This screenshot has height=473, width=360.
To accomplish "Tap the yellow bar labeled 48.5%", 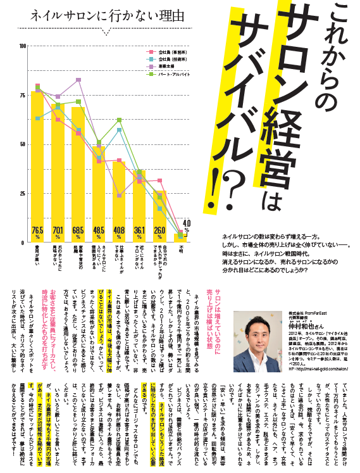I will coord(99,190).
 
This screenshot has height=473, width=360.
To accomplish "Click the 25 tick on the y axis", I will coord(23,194).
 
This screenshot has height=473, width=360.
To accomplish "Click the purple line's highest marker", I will coord(78,80).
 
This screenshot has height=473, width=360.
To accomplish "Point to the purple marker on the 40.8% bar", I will coord(119,196).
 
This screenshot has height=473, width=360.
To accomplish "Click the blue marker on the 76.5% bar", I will coord(38,118).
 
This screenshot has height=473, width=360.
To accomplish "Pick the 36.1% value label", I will coord(139,230).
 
